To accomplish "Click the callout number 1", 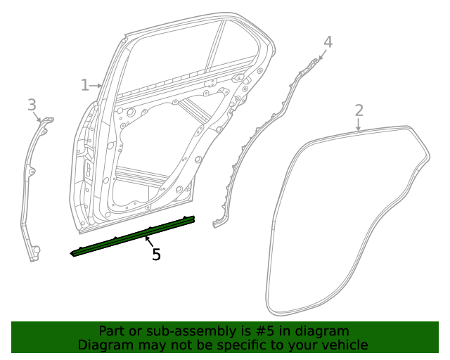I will (x=84, y=85).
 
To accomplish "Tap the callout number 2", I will (x=359, y=110).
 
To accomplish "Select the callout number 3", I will (x=32, y=105).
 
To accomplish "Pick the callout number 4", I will (x=328, y=42).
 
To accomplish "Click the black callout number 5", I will (x=156, y=255).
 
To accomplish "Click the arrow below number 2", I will (x=359, y=125).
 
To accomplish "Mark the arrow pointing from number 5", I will (x=149, y=243).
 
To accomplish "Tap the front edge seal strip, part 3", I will (x=32, y=183).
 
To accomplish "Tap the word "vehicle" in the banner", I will (x=344, y=345).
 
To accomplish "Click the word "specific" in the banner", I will (x=240, y=345).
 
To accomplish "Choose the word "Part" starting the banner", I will (x=111, y=330).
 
